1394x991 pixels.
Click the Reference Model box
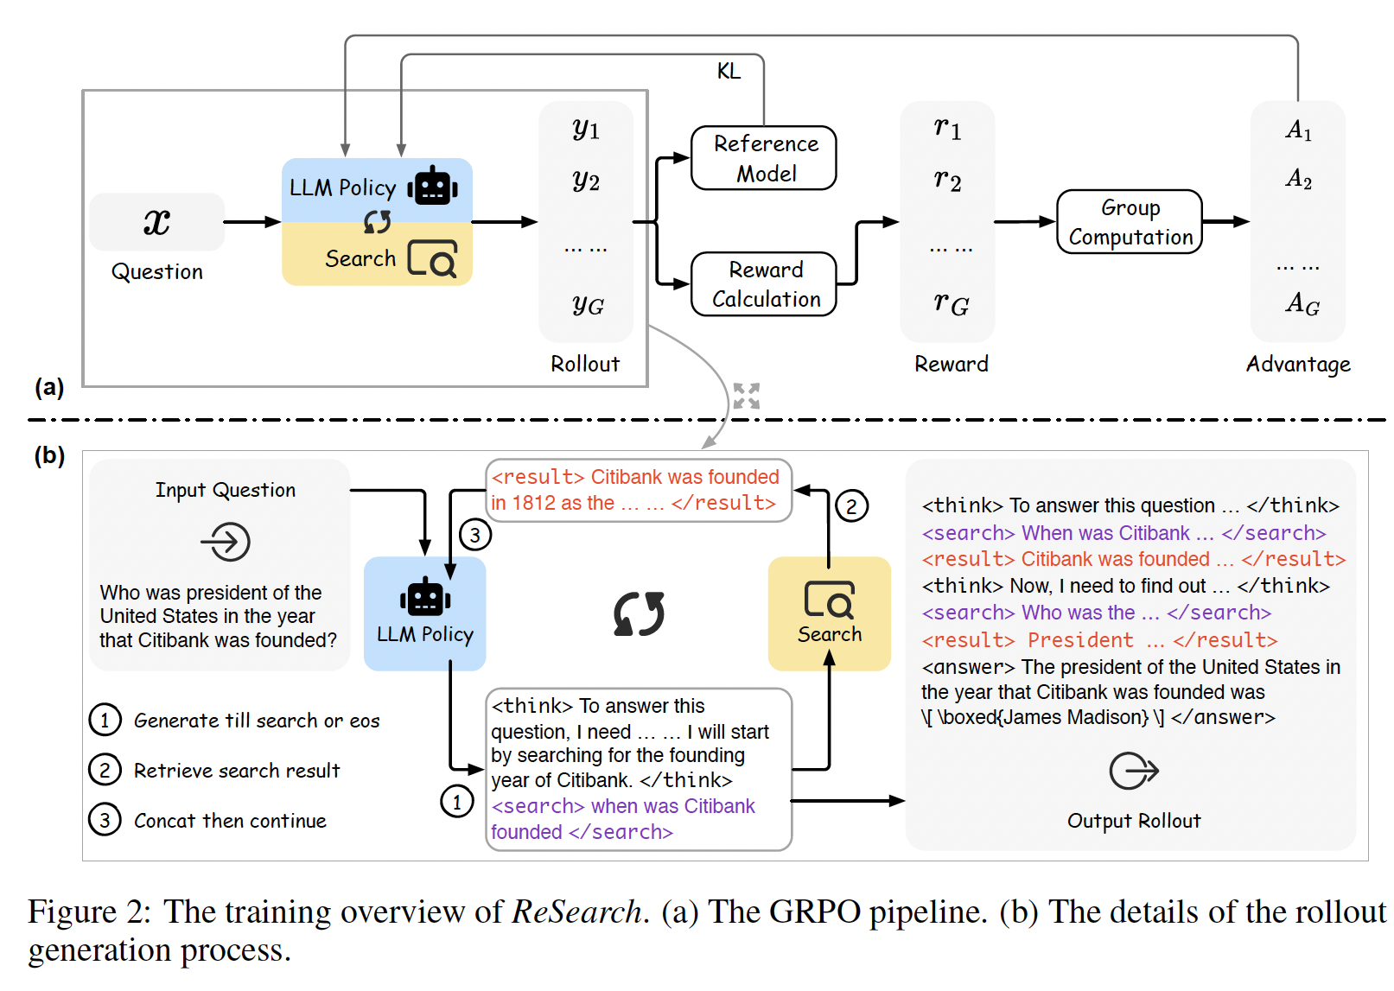coord(764,158)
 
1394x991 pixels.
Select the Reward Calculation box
coord(764,283)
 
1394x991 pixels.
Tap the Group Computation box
coord(1129,222)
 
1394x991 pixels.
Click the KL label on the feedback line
coord(729,71)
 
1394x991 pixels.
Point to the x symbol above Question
coord(156,222)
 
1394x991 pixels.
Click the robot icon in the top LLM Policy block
coord(432,186)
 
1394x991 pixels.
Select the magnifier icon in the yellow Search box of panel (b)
coord(829,599)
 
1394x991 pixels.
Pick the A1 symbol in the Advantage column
coord(1298,130)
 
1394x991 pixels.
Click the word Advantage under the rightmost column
coord(1297,364)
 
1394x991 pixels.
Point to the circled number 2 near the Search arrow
coord(851,506)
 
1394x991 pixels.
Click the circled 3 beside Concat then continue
coord(105,820)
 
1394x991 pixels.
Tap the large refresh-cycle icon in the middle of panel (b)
coord(639,613)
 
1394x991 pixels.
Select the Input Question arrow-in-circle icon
coord(226,543)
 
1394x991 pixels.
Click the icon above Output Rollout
coord(1133,771)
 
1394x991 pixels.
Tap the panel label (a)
coord(49,386)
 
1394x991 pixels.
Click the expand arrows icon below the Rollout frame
coord(746,396)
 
